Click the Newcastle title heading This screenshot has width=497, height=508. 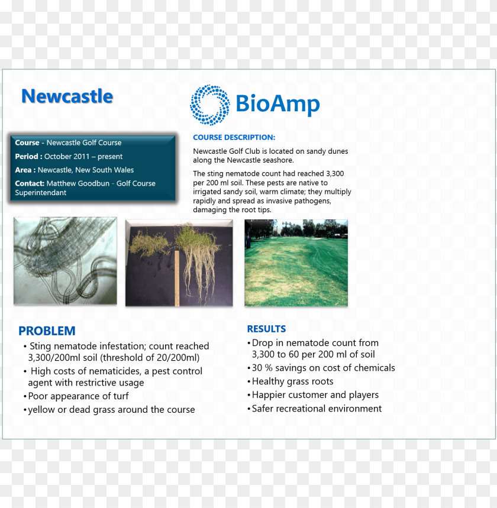pos(67,96)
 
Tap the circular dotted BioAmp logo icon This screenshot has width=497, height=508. pos(210,105)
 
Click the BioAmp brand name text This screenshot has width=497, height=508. pos(277,104)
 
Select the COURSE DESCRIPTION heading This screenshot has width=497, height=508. pos(234,137)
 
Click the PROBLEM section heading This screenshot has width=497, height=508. pos(47,331)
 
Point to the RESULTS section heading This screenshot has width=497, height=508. pos(266,329)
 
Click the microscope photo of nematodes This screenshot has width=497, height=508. pos(65,261)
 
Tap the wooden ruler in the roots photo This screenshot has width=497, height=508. pos(176,278)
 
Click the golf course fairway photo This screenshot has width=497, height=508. pos(296,263)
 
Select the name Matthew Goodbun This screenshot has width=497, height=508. pos(78,183)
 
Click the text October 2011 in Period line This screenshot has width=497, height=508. pos(66,157)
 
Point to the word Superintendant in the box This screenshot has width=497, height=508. pos(41,193)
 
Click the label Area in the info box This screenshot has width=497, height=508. pos(24,170)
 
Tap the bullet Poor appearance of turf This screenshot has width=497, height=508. pos(78,396)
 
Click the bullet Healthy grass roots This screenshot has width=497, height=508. pos(292,381)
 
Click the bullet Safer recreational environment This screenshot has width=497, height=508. pos(317,409)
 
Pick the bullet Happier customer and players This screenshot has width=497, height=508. pos(315,395)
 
